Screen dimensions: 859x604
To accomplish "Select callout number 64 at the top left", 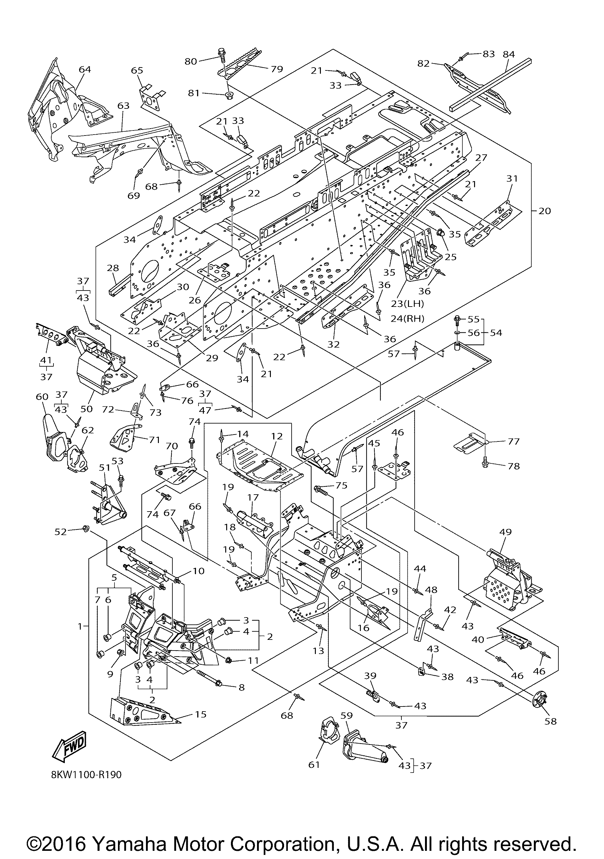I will [85, 69].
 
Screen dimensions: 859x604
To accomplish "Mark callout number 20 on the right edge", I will [545, 211].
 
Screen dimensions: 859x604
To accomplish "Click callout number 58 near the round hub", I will [551, 721].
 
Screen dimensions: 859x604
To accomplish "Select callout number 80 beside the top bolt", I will [191, 61].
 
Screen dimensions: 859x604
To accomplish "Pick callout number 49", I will [505, 532].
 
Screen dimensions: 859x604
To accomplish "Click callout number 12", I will [277, 436].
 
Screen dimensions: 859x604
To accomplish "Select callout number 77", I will [514, 441].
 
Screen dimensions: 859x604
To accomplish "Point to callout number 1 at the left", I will [80, 626].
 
